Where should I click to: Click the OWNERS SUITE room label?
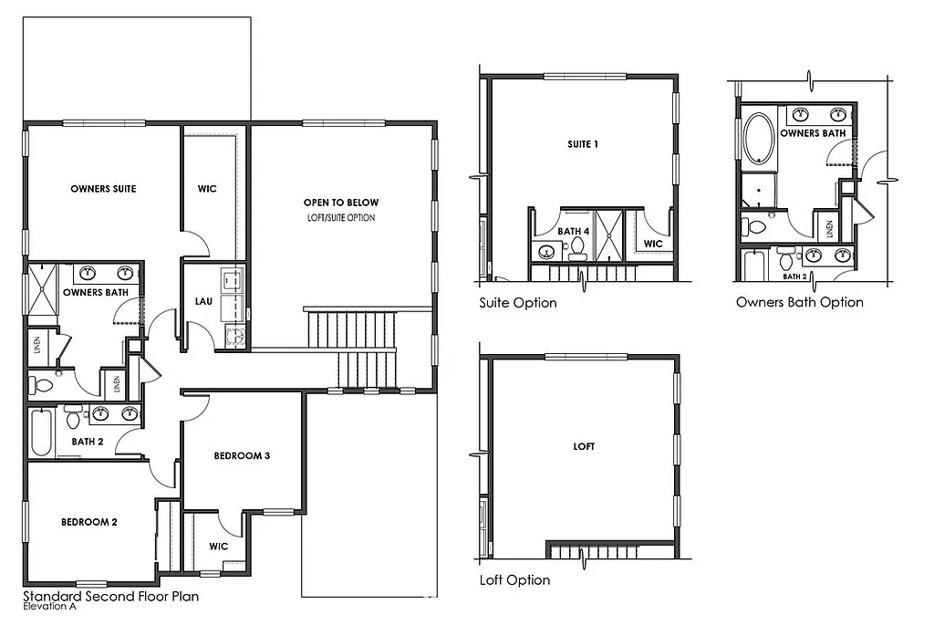[x=103, y=189]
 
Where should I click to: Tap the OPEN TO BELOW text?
[x=341, y=203]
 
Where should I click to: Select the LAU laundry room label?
[x=203, y=300]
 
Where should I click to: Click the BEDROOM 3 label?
[x=242, y=455]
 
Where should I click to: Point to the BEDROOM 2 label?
[x=88, y=522]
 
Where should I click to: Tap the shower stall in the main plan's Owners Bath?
[x=43, y=289]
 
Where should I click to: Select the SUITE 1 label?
[x=583, y=144]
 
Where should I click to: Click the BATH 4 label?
[x=573, y=232]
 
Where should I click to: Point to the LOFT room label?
[x=584, y=446]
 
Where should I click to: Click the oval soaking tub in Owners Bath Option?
[x=759, y=139]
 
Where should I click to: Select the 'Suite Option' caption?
[x=517, y=303]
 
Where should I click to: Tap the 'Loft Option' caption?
[x=514, y=580]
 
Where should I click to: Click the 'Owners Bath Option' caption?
[x=799, y=302]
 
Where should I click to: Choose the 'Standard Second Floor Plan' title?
[x=110, y=597]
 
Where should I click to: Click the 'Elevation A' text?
[x=51, y=607]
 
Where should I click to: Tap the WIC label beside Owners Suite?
[x=207, y=189]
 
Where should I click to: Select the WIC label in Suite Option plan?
[x=652, y=244]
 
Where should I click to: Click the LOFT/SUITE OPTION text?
[x=341, y=218]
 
